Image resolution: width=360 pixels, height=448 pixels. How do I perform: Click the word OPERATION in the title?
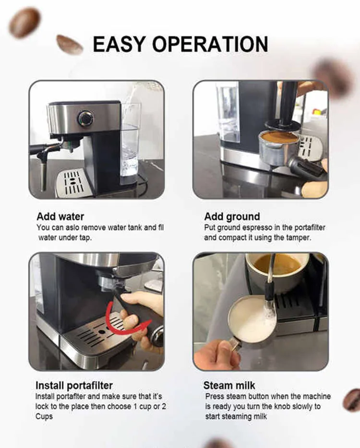[214, 44]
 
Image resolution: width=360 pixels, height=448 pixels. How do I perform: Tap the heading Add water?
[60, 217]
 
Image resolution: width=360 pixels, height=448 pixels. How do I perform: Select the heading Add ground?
[232, 217]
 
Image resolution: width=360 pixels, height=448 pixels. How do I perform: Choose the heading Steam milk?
[229, 386]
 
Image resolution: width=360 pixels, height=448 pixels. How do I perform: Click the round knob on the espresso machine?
[85, 118]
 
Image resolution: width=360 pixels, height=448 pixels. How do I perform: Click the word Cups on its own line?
[44, 416]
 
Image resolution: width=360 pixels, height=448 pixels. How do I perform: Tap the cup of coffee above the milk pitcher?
[276, 269]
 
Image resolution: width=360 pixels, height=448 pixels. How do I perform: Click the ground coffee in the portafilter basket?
[279, 137]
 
